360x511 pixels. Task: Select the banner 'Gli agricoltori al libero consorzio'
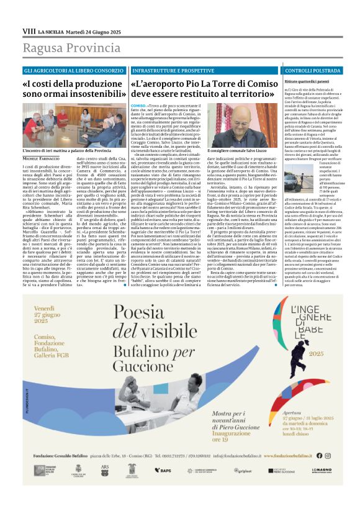73,71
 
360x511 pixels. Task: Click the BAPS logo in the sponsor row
163,487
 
